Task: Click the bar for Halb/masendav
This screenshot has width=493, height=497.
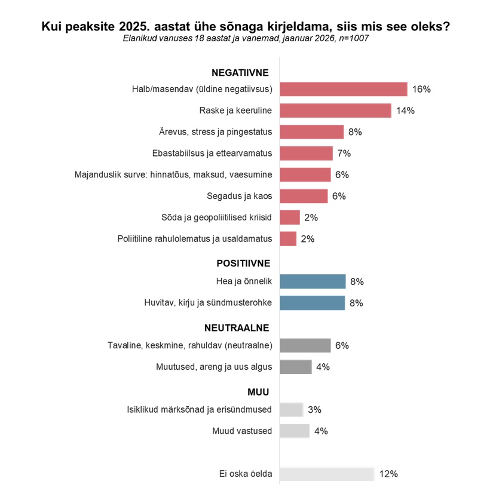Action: (x=343, y=90)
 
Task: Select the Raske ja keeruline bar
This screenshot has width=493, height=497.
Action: (x=335, y=111)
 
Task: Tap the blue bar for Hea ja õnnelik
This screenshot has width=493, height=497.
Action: (x=313, y=281)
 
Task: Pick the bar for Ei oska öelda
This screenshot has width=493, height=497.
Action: (x=326, y=474)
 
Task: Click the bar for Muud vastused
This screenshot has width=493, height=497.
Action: (x=294, y=431)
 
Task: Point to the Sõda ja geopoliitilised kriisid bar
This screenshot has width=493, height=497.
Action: (x=289, y=217)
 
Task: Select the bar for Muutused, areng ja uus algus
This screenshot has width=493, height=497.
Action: (x=295, y=367)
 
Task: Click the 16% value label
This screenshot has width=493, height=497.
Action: (x=421, y=90)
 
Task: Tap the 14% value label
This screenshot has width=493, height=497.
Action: (x=405, y=111)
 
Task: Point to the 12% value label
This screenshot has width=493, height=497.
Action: (x=388, y=474)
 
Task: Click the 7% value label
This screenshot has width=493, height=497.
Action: (x=344, y=154)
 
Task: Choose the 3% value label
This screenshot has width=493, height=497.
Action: (x=314, y=410)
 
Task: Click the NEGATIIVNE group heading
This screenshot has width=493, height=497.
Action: (x=240, y=73)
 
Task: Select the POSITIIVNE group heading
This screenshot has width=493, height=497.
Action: (x=243, y=263)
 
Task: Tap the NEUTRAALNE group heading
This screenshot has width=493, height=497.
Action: (x=237, y=328)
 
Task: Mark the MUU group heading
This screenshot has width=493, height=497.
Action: (x=258, y=392)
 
